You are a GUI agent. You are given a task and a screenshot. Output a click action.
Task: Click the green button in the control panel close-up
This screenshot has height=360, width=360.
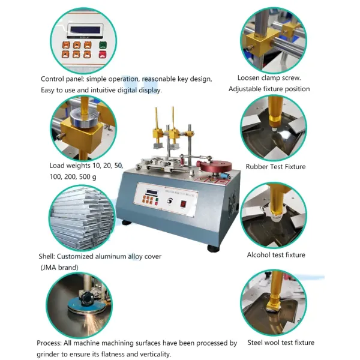point(103,45)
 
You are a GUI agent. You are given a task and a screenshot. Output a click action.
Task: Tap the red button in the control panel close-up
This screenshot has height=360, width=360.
point(103,55)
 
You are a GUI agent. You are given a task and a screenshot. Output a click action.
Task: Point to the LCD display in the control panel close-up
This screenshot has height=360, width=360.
point(82,30)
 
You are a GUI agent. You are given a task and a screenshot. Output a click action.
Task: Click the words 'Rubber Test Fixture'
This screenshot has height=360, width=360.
point(275,167)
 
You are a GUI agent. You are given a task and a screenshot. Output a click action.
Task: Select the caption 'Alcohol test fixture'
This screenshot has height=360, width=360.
point(276,255)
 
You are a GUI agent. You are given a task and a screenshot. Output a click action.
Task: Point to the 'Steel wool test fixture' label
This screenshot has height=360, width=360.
point(280,343)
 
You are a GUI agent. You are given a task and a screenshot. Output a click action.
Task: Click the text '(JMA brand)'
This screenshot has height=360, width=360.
point(59,266)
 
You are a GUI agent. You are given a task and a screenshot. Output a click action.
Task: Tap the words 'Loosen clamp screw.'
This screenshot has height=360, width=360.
point(269,78)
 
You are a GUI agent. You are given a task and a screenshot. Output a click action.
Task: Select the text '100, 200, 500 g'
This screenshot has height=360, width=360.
point(74,177)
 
